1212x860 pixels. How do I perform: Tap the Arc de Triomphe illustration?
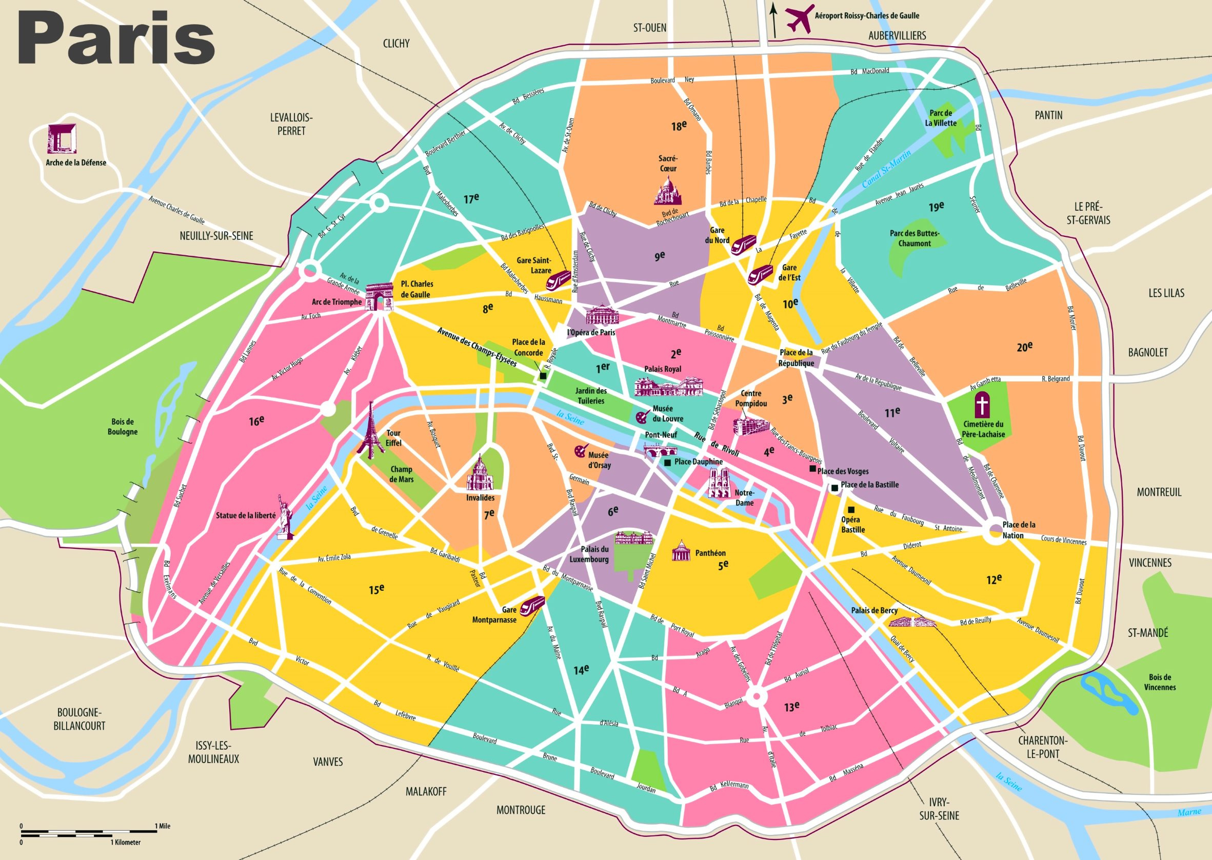(x=379, y=297)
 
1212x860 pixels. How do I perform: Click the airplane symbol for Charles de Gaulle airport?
(x=800, y=17)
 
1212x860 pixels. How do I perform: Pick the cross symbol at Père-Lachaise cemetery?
(x=982, y=407)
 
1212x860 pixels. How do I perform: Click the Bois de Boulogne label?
(x=123, y=427)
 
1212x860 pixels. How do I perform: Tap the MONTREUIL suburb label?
(x=1159, y=492)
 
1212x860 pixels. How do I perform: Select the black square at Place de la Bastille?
(x=834, y=488)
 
